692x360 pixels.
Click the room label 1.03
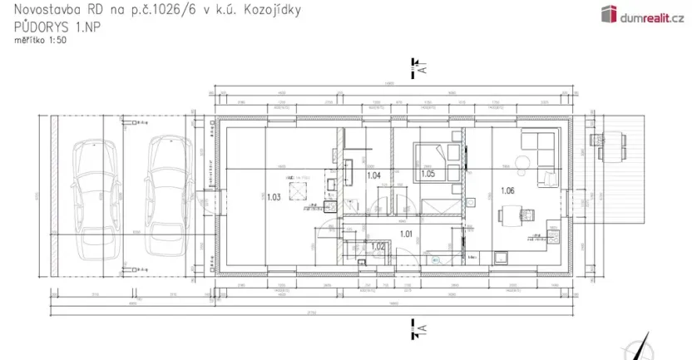coord(273,197)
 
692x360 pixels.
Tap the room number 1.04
coord(373,175)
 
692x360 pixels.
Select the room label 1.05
coord(428,174)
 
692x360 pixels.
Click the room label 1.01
coord(407,234)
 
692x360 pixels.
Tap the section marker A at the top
coord(419,68)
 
